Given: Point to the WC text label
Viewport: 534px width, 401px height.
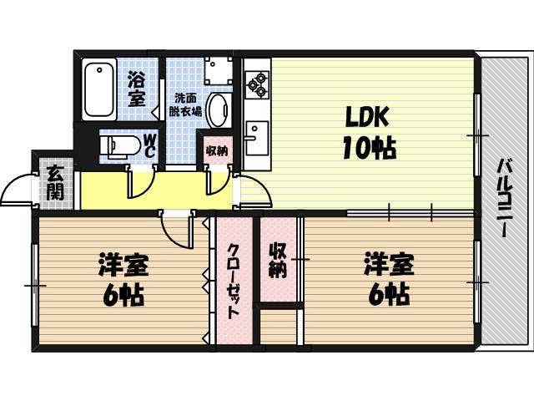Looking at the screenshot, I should pos(149,145).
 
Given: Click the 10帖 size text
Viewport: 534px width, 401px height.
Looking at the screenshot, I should pos(366,148).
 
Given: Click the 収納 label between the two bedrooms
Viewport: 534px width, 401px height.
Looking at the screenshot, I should pos(278,259).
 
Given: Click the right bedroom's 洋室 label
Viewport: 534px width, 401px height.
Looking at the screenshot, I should pos(388,266).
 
